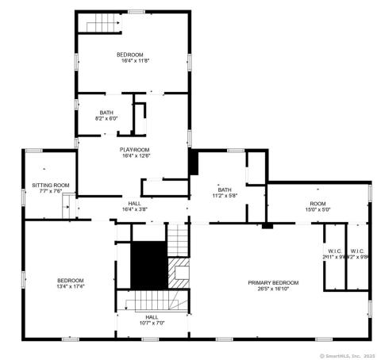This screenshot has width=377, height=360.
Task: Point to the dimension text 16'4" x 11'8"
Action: pyautogui.click(x=135, y=60)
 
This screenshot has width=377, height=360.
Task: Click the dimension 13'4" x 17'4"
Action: pyautogui.click(x=70, y=287)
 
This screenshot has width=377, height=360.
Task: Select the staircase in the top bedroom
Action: pyautogui.click(x=102, y=25)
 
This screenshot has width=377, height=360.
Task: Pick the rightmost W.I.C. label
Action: pyautogui.click(x=357, y=252)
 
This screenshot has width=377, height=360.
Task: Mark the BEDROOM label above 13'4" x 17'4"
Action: pyautogui.click(x=70, y=280)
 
